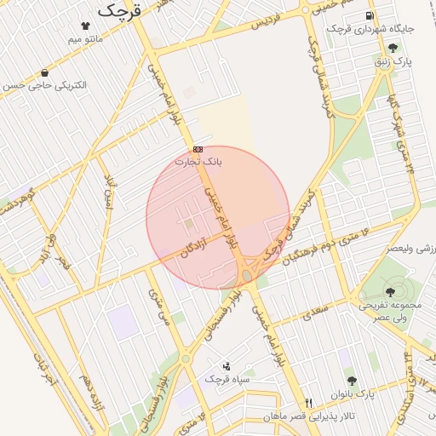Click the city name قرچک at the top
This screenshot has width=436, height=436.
pos(120,11)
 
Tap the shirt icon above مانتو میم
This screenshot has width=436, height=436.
pos(85,26)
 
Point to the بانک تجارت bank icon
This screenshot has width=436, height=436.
pos(198,148)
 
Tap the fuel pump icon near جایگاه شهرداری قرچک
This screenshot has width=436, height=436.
pos(369,15)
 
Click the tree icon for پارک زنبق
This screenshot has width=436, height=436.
pos(392,48)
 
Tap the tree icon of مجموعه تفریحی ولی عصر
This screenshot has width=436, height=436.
pos(390,291)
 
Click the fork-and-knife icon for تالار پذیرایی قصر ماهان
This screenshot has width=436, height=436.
pos(308,403)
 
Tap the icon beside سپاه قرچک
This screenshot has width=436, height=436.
pos(226,365)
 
